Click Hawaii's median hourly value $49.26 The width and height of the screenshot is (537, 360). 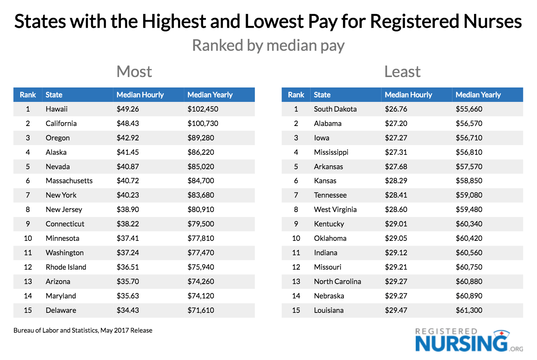[x=127, y=109]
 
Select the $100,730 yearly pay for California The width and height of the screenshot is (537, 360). [x=203, y=123]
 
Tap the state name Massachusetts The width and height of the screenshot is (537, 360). [x=69, y=181]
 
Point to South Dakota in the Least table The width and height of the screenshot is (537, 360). [x=335, y=109]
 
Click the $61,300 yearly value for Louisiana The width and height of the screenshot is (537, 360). [x=469, y=310]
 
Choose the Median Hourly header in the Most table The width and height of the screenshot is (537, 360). [x=140, y=95]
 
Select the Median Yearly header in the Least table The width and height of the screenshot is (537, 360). [x=478, y=95]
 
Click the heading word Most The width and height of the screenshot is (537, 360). [x=134, y=72]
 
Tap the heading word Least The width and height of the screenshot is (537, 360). [x=402, y=72]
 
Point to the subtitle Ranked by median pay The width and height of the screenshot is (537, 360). [x=268, y=46]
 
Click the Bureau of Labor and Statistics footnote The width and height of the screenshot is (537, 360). [x=83, y=330]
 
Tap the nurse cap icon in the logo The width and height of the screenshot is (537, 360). [x=501, y=334]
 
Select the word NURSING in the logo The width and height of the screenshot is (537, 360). [x=461, y=343]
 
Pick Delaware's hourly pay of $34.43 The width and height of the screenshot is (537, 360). [x=127, y=310]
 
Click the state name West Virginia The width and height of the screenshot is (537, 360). [x=335, y=210]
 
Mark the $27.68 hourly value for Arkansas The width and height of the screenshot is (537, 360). [x=396, y=167]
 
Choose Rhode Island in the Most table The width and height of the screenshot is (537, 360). [x=66, y=267]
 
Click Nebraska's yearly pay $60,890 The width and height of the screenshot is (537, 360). [x=469, y=296]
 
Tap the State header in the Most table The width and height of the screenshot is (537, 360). [x=54, y=95]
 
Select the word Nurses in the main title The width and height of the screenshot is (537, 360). [x=492, y=21]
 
